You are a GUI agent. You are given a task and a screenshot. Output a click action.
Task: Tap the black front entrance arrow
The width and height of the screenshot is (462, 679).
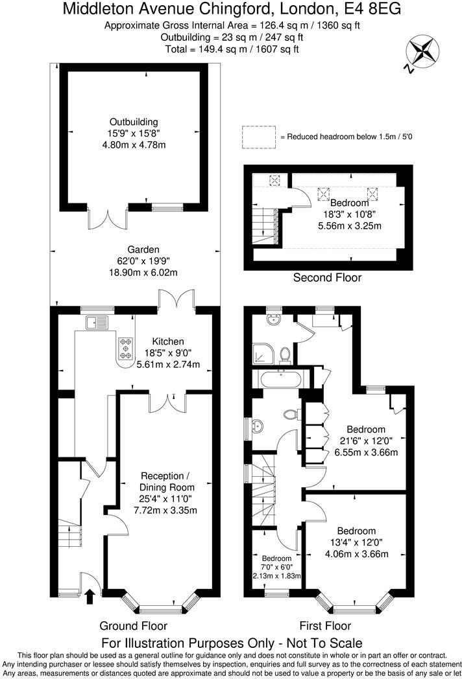pyautogui.click(x=89, y=595)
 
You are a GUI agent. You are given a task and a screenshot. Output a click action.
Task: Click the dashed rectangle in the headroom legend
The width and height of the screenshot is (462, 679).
pyautogui.click(x=258, y=137)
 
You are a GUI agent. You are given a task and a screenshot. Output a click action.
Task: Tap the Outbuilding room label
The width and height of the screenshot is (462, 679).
pyautogui.click(x=133, y=121)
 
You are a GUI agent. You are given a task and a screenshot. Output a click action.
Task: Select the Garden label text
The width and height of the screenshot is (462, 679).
pyautogui.click(x=143, y=249)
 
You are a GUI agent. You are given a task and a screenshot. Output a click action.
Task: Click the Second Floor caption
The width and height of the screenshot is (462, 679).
pyautogui.click(x=327, y=278)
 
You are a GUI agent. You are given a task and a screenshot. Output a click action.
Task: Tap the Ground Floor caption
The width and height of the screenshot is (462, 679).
pyautogui.click(x=133, y=626)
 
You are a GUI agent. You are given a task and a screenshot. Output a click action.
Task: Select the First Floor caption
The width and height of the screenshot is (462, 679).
pyautogui.click(x=325, y=626)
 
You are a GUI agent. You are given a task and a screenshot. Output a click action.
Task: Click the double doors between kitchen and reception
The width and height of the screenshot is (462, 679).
pyautogui.click(x=167, y=401)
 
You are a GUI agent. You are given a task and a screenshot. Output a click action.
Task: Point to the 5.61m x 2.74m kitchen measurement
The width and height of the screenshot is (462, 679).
pyautogui.click(x=168, y=365)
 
